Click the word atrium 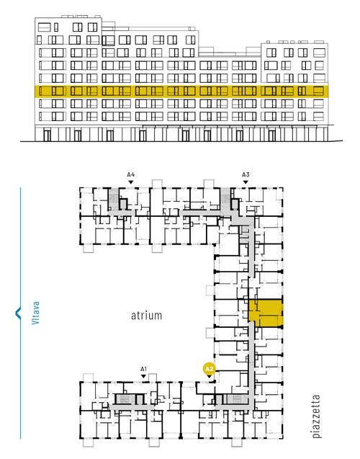146,316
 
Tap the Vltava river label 35,313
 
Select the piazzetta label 316,416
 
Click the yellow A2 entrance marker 209,369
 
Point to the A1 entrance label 143,369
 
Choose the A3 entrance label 246,175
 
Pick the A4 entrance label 131,175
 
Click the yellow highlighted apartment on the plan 266,313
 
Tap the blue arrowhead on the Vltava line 18,313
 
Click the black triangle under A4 131,182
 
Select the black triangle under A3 246,182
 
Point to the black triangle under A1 143,376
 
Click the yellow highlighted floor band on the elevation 181,92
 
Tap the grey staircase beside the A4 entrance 113,200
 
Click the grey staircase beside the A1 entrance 125,399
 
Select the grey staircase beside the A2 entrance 238,399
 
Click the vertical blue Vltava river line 20,313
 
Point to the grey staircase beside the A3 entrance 225,200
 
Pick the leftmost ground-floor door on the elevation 47,135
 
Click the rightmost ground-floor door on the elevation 272,135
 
